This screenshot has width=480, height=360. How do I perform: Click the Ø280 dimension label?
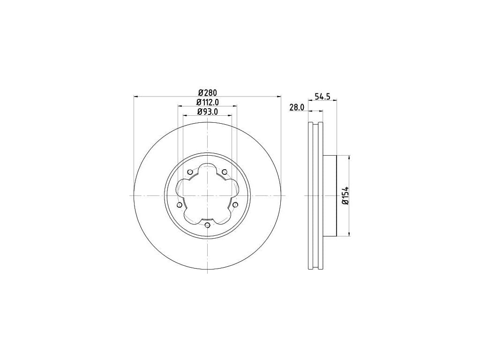(208, 92)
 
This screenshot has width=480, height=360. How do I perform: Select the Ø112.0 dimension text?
(208, 102)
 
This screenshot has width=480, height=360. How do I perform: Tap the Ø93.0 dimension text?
(208, 112)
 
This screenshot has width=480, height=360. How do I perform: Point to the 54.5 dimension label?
(322, 97)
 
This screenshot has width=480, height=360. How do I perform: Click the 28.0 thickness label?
(297, 107)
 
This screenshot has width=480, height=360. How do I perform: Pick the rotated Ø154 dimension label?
(345, 195)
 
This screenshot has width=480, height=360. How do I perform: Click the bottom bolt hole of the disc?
(208, 225)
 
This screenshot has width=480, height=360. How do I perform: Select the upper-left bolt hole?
(190, 172)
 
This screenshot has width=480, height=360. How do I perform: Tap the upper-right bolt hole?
(225, 172)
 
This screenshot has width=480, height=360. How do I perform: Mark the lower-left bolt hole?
(180, 204)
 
